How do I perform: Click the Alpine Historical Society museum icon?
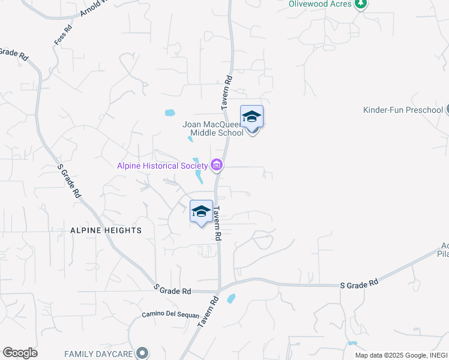click(217, 166)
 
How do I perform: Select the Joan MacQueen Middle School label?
click(213, 129)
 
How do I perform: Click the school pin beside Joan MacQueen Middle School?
click(252, 116)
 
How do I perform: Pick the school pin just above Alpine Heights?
click(201, 211)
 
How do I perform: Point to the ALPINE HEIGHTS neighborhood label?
click(106, 230)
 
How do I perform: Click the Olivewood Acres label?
click(319, 4)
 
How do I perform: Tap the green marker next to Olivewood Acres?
click(360, 4)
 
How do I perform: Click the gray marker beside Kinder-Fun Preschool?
click(447, 110)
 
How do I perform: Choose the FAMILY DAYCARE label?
click(98, 353)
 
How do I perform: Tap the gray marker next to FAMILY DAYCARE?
click(142, 353)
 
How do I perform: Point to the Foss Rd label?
click(62, 37)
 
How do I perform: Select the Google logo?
click(20, 353)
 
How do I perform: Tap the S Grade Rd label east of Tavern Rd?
click(359, 282)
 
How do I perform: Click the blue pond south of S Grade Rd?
click(231, 299)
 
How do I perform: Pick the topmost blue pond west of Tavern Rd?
click(169, 113)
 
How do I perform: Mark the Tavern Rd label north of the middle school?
click(226, 91)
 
